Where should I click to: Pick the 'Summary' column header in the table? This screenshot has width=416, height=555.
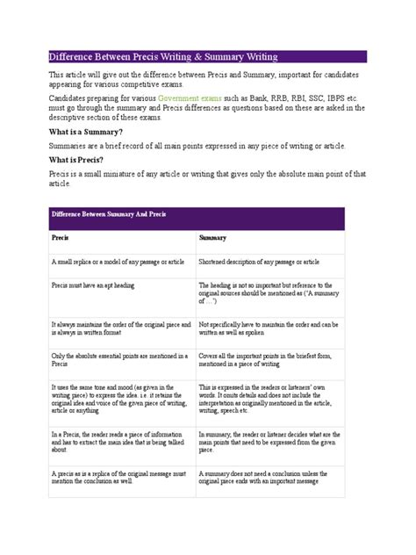213,238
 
